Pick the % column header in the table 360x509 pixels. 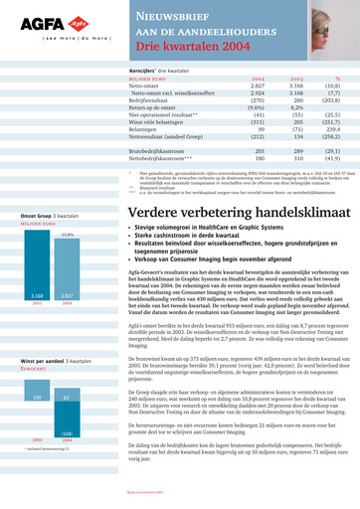(x=337, y=79)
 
